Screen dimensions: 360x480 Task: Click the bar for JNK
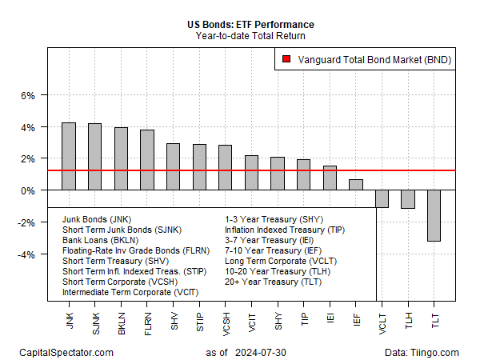(69, 157)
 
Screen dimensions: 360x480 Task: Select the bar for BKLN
(121, 159)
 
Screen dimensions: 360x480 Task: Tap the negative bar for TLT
(434, 215)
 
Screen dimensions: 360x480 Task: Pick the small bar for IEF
(356, 185)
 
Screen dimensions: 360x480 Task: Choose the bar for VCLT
(382, 199)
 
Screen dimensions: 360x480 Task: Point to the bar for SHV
(173, 167)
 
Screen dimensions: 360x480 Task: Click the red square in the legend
(286, 59)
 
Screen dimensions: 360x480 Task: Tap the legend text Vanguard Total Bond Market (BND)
(373, 59)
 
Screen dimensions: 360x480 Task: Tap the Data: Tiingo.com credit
(421, 353)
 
